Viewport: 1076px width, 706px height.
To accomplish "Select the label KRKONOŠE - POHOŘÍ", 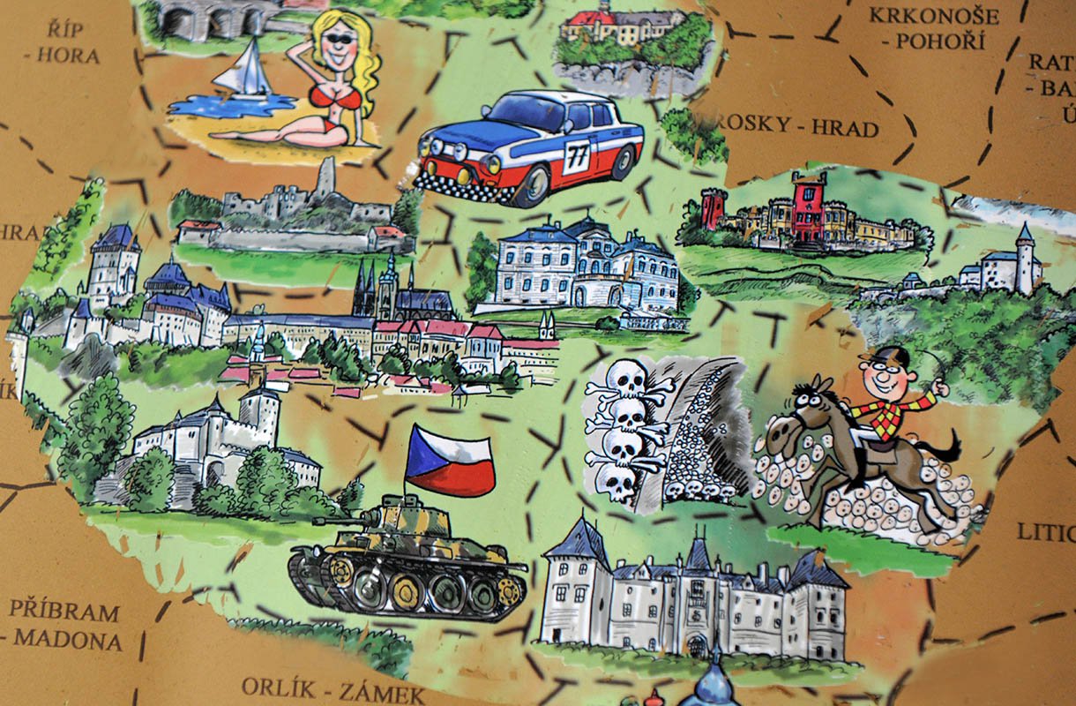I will coord(933,27).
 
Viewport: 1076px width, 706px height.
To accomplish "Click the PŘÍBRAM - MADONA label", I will coord(66,625).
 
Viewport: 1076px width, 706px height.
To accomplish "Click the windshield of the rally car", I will coord(522,113).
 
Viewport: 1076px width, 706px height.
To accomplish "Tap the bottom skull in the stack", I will coord(617,482).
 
